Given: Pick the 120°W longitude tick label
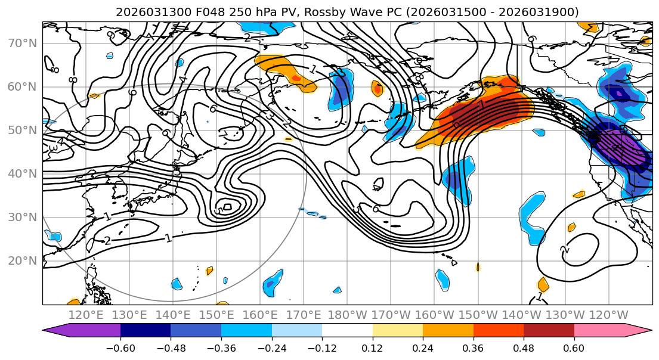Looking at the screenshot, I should coord(608,315).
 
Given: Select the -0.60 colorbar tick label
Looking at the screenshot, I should coord(120,347).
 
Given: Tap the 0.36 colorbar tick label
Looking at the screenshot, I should coord(473,347).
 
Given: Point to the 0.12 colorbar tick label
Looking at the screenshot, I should coord(372,347).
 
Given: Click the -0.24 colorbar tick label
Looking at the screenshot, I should coord(271,347).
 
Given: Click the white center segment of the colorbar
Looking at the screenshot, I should coord(347,331).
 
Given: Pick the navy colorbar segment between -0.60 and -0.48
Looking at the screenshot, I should coord(146,331).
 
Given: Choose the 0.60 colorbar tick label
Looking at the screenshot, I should coord(574,347).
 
